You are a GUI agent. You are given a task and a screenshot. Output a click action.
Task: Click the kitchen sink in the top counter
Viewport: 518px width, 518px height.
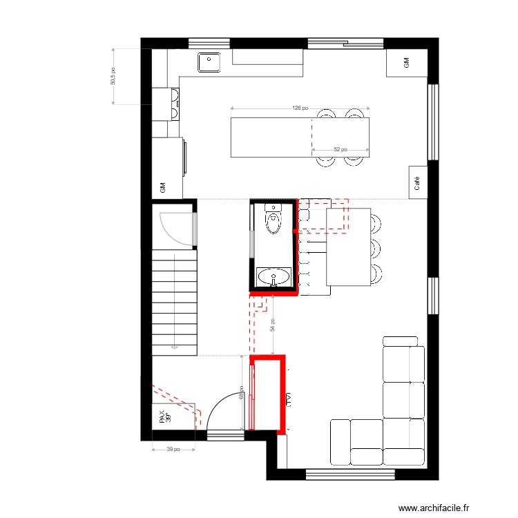tap(209, 63)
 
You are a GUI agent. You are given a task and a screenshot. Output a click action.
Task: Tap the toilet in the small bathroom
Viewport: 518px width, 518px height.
tap(274, 221)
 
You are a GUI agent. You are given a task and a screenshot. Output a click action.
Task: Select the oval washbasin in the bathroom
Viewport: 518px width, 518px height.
tap(274, 278)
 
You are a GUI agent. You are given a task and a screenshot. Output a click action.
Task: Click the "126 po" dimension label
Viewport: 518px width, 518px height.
tap(300, 108)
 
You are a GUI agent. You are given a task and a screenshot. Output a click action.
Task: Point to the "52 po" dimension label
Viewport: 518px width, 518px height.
tap(340, 149)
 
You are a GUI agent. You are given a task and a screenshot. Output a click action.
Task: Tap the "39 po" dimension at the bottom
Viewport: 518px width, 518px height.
tap(173, 450)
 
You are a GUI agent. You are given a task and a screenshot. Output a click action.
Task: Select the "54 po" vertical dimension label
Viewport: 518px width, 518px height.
tap(273, 325)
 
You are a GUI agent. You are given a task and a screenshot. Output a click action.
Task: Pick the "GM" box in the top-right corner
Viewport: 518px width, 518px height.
tap(406, 63)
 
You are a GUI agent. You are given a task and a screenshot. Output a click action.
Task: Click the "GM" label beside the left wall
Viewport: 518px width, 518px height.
tap(163, 187)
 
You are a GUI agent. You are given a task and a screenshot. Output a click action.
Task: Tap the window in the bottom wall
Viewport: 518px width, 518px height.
tap(350, 474)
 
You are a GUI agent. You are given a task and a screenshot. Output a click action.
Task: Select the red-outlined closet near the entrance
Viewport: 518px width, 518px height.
tap(268, 394)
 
